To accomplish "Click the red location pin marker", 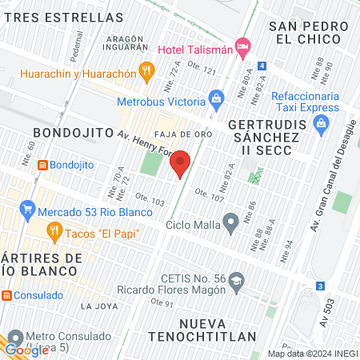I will tap(181, 164).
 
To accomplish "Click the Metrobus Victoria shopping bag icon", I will tap(215, 99).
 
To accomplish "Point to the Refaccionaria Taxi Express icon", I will tap(322, 123).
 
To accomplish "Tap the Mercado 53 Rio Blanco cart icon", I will tap(28, 211).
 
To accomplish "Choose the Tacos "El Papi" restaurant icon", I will tap(54, 233).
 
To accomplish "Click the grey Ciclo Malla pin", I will tap(231, 222).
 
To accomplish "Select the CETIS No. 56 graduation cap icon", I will tap(237, 281).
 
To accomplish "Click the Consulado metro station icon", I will tap(6, 295).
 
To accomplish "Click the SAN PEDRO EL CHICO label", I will tap(309, 33).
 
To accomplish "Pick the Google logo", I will tap(26, 350).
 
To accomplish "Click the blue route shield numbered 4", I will tap(262, 66).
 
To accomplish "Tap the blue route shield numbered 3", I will tap(320, 286).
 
